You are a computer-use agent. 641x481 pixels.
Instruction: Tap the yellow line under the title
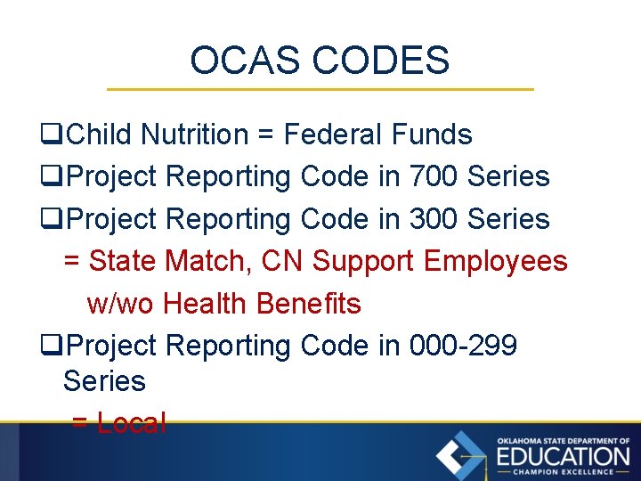320,89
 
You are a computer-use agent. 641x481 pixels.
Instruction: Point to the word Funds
432,135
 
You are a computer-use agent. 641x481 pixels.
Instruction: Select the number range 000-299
463,345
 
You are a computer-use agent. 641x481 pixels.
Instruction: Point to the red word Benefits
308,304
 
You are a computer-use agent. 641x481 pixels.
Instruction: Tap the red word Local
131,423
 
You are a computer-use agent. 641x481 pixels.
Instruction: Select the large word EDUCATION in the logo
563,456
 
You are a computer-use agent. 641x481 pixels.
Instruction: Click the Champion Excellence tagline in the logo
563,472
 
